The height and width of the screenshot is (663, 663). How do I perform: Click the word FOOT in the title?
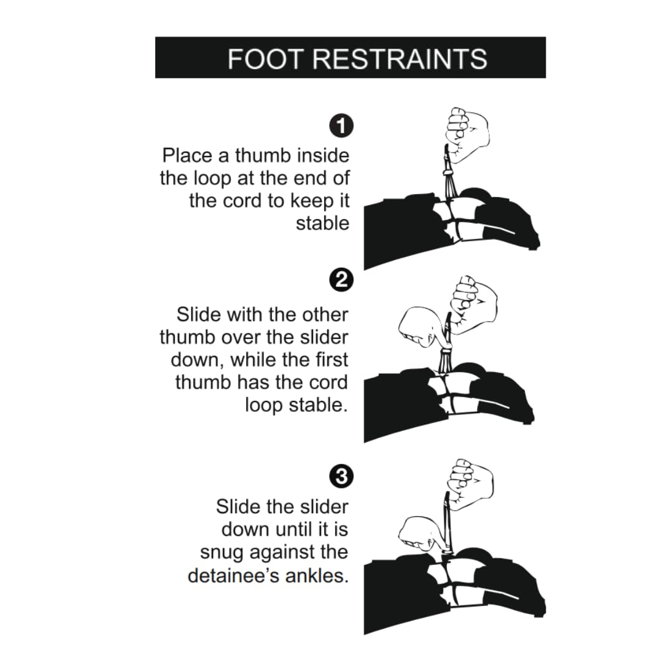pos(265,59)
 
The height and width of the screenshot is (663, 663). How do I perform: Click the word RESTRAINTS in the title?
pos(400,59)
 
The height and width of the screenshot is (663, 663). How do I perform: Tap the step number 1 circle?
pos(341,126)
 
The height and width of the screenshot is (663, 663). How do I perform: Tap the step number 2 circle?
pos(341,280)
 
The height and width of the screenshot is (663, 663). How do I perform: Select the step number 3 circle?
pos(341,476)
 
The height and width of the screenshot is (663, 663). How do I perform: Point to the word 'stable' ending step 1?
pos(323,223)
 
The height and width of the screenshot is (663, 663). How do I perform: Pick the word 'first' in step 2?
pos(331,360)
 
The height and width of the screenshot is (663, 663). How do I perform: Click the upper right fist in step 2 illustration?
pos(473,304)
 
